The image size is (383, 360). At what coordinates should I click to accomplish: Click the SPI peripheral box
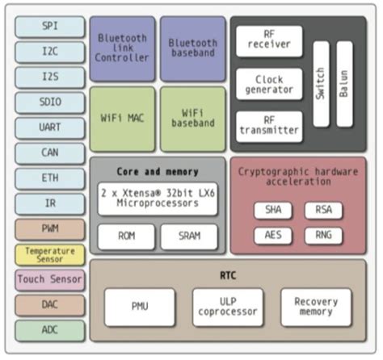[x=49, y=27]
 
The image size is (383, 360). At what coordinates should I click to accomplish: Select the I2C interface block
[x=49, y=52]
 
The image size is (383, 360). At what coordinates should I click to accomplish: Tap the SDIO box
[x=49, y=103]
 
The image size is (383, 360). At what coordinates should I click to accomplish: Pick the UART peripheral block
[x=49, y=128]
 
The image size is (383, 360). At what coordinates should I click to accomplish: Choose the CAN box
[x=49, y=153]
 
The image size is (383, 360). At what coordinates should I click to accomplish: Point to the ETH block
[x=49, y=178]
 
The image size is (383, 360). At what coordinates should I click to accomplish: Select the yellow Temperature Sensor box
[x=49, y=254]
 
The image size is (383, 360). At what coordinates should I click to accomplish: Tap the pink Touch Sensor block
[x=49, y=279]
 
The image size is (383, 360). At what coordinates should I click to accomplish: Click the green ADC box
[x=49, y=329]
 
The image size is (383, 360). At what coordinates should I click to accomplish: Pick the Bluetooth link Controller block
[x=122, y=48]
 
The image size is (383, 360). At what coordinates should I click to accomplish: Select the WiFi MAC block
[x=122, y=119]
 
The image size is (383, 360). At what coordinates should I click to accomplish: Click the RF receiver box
[x=269, y=41]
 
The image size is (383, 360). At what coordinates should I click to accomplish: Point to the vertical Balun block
[x=344, y=83]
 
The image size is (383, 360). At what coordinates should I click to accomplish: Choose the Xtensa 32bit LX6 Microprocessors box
[x=158, y=198]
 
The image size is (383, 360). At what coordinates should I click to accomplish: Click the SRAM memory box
[x=189, y=236]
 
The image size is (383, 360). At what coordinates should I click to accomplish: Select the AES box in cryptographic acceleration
[x=273, y=236]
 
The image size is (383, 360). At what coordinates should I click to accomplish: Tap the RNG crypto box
[x=323, y=236]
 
